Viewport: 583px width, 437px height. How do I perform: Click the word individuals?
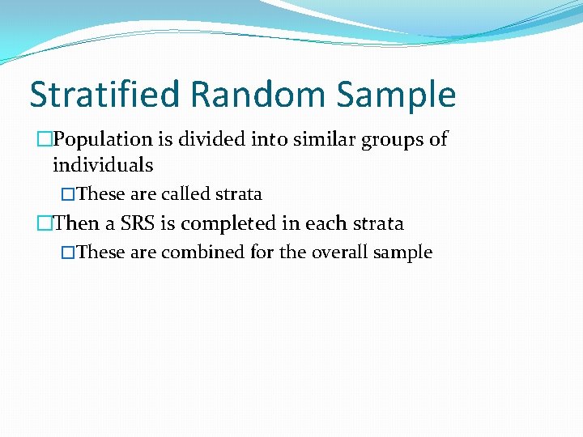102,165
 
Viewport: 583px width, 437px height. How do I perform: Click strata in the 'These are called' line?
239,194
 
